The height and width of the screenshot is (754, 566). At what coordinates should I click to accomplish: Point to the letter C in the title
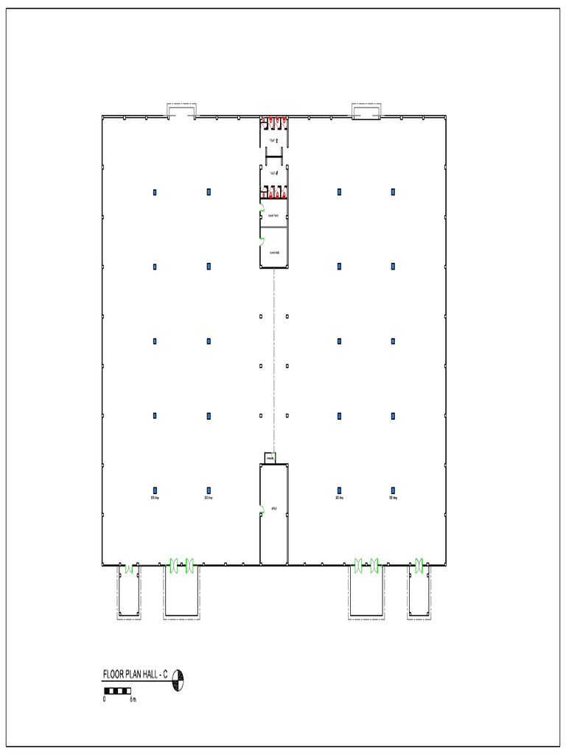pos(166,674)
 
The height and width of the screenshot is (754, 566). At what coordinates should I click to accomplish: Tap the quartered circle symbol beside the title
pos(178,681)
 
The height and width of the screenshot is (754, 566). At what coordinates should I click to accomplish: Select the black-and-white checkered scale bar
pos(117,690)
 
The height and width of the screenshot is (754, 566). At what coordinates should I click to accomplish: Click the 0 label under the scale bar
pos(105,699)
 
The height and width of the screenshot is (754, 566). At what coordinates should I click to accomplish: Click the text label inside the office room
pos(273,508)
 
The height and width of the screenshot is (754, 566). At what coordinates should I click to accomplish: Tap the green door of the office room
pos(262,508)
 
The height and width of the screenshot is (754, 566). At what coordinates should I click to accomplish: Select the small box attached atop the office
pos(270,458)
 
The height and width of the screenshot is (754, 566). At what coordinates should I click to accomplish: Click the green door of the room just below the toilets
pos(262,214)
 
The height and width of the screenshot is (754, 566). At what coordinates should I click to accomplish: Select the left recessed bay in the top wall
pos(181,110)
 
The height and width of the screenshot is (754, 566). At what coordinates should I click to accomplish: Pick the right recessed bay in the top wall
pos(366,110)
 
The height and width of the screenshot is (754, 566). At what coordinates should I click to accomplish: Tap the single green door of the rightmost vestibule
pos(419,565)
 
